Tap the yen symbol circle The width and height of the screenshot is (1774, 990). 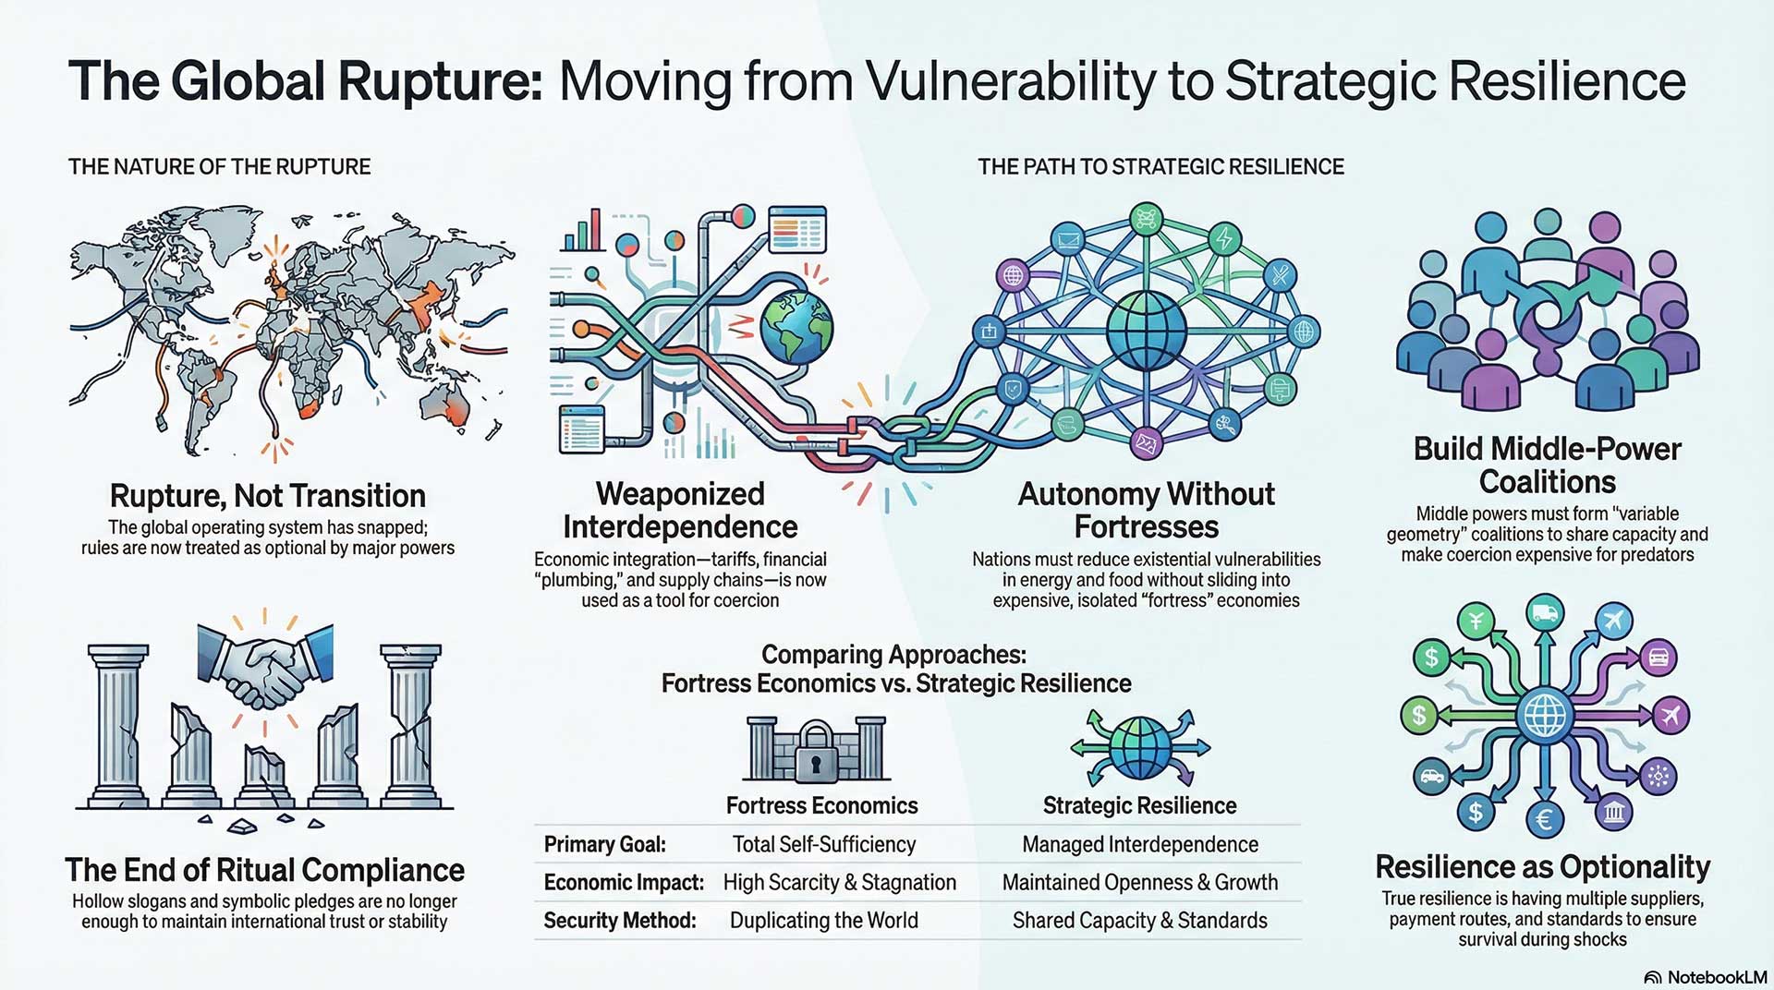coord(1476,620)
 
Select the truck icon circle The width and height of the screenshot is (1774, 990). coord(1545,611)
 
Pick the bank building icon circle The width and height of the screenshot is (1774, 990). coord(1614,813)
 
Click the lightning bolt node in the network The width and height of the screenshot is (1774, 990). coord(1224,238)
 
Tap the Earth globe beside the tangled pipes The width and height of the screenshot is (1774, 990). coord(796,327)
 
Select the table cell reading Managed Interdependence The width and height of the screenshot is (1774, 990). coord(1139,844)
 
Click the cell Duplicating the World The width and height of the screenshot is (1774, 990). coord(823,921)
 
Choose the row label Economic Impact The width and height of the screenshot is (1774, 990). coord(624,883)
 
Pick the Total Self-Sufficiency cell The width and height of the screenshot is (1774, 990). coord(823,844)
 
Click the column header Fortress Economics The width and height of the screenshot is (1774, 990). coord(821,805)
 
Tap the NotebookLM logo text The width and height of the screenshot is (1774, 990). coord(1716,977)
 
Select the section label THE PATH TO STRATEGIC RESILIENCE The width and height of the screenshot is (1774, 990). coord(1160,167)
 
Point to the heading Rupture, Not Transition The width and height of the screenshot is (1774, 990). coord(267,496)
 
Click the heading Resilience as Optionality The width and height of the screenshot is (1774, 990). coord(1542,867)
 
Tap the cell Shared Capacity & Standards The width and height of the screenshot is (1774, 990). coord(1139,921)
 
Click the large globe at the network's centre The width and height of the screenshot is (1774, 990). coord(1146,331)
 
